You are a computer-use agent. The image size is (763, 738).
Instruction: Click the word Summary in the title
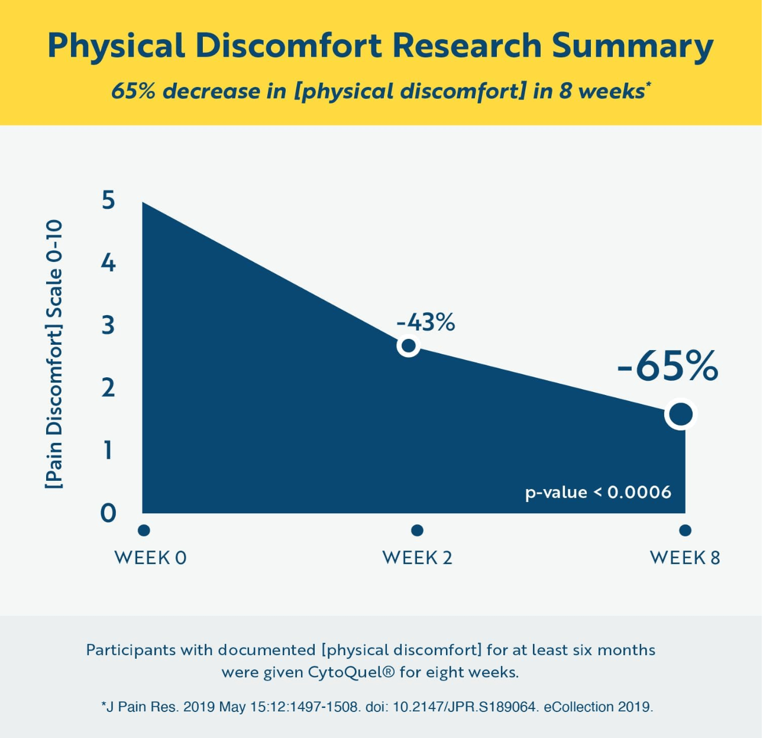(632, 46)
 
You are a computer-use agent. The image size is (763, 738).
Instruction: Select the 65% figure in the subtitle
(133, 91)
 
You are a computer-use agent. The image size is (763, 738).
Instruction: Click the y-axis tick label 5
(108, 200)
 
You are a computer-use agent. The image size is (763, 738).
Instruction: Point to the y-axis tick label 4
(108, 262)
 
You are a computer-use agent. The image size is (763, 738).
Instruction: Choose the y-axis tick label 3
(108, 325)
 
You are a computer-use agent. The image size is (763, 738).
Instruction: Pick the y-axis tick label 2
(108, 387)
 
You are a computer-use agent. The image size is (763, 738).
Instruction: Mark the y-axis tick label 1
(108, 450)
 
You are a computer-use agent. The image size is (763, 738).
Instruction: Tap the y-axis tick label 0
(108, 513)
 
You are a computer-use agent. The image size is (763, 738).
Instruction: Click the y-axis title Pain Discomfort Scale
(54, 355)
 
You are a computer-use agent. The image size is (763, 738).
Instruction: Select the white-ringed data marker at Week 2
(408, 345)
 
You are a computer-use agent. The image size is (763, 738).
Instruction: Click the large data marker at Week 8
(681, 414)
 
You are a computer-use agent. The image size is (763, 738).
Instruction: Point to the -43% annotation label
(426, 322)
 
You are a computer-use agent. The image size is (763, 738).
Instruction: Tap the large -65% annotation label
(668, 366)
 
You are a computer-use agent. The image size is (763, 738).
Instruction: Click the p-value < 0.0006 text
(598, 493)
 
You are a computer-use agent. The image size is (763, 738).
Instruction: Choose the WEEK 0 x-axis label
(150, 558)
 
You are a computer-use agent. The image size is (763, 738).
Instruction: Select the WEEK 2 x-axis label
(417, 558)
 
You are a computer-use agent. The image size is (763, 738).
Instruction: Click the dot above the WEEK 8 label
(685, 530)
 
